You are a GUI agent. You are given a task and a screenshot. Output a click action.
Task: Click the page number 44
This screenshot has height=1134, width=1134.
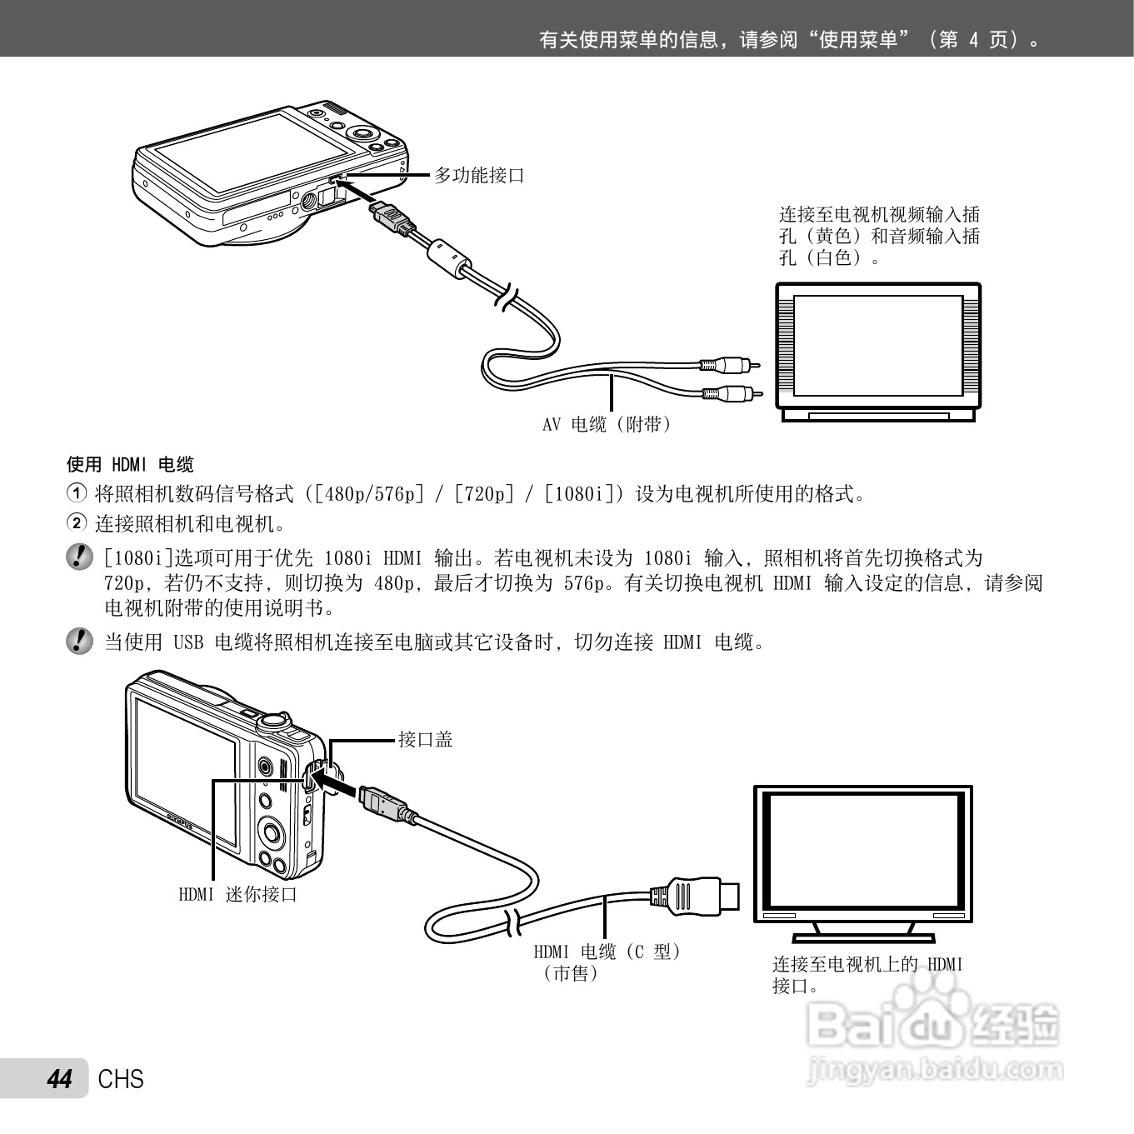[60, 1079]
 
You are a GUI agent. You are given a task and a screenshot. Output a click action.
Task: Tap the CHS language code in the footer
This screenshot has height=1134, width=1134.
[121, 1079]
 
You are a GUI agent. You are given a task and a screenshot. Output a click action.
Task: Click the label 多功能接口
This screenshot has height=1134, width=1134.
[479, 175]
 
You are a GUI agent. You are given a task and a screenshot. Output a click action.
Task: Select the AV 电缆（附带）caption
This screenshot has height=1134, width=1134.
[607, 425]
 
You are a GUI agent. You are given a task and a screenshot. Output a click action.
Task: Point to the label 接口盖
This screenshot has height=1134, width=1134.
[425, 739]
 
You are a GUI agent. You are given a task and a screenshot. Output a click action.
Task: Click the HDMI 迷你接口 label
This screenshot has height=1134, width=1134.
[237, 894]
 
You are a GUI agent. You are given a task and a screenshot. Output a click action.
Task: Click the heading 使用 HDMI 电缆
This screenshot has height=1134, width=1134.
[130, 464]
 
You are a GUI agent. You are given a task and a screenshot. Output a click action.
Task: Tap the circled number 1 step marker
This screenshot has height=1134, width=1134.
[76, 493]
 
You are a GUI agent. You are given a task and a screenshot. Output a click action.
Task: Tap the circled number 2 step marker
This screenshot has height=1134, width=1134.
[76, 523]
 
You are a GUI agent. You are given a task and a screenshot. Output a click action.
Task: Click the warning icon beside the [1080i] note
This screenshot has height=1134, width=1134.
[79, 556]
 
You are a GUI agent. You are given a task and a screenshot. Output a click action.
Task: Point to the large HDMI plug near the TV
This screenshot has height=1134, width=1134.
[696, 895]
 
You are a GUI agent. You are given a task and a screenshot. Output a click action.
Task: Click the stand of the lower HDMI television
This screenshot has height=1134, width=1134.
[862, 930]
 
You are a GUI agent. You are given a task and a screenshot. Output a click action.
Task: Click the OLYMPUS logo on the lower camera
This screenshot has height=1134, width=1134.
[181, 822]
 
